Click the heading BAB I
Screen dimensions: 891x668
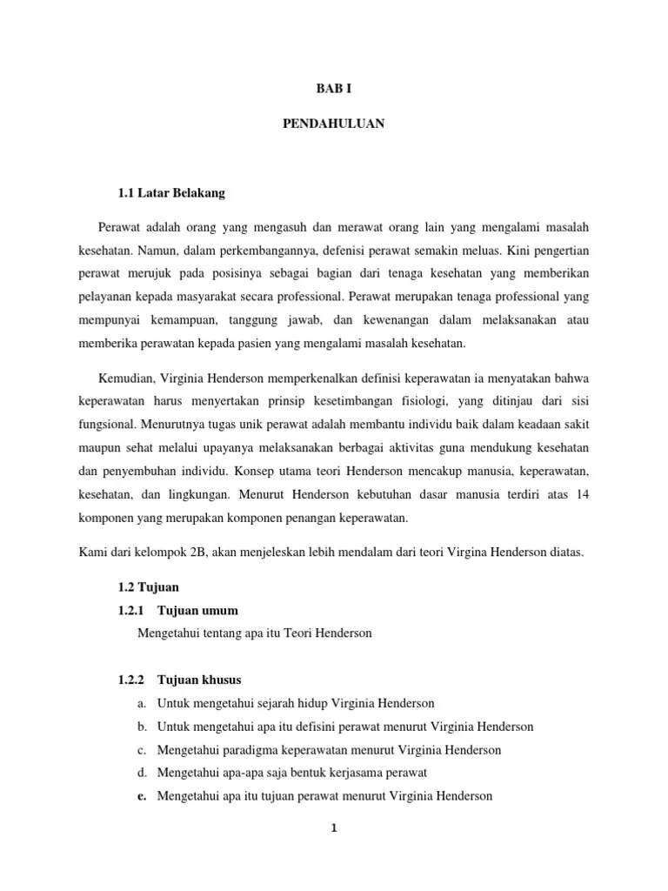pyautogui.click(x=333, y=89)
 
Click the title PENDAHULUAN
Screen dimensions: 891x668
pyautogui.click(x=333, y=124)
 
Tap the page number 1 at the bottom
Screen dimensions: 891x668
pyautogui.click(x=333, y=827)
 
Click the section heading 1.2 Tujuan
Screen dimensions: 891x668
pyautogui.click(x=149, y=587)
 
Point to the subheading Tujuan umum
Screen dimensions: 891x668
pyautogui.click(x=197, y=610)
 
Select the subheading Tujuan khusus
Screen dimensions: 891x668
pyautogui.click(x=199, y=679)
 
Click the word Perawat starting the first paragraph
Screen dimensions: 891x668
pyautogui.click(x=121, y=227)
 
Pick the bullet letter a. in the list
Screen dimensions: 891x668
pyautogui.click(x=143, y=702)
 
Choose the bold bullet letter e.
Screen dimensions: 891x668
pyautogui.click(x=143, y=795)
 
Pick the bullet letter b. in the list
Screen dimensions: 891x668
pyautogui.click(x=143, y=726)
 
